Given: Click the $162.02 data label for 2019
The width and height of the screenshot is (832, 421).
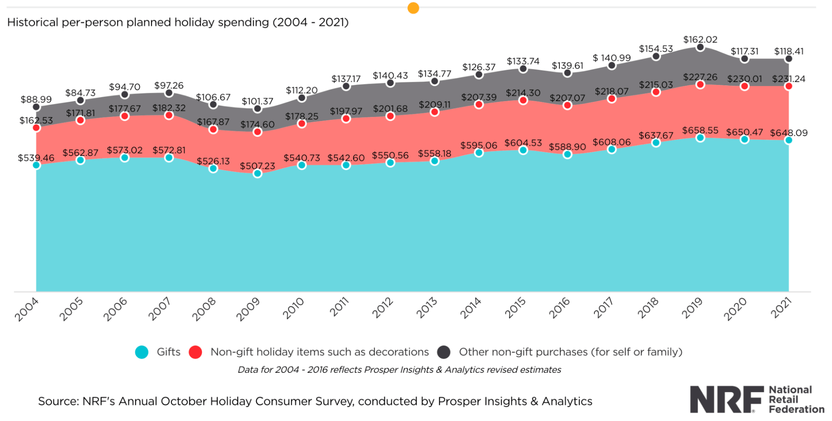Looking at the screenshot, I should pyautogui.click(x=700, y=40).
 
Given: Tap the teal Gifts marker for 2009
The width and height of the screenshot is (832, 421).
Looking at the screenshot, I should pyautogui.click(x=257, y=173).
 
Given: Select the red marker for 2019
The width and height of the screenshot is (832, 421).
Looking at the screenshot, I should pyautogui.click(x=700, y=84).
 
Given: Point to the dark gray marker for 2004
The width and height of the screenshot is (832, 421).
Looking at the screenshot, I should pyautogui.click(x=36, y=107).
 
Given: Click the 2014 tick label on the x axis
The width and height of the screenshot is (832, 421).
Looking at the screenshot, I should pyautogui.click(x=471, y=308).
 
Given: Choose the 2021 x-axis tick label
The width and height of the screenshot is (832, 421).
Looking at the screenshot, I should pyautogui.click(x=781, y=308).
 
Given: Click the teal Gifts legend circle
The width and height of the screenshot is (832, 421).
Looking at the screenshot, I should pyautogui.click(x=142, y=352).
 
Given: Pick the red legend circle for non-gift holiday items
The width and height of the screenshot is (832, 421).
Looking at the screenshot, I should pyautogui.click(x=195, y=352).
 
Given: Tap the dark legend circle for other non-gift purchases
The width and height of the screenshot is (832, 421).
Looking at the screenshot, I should pyautogui.click(x=444, y=352).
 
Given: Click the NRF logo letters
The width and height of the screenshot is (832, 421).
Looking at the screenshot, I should pyautogui.click(x=726, y=399).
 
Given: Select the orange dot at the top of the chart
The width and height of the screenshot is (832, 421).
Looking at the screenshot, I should pyautogui.click(x=413, y=8).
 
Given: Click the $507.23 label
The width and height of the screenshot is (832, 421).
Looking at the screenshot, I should pyautogui.click(x=257, y=166).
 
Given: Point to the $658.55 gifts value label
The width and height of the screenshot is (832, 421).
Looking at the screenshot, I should pyautogui.click(x=700, y=130).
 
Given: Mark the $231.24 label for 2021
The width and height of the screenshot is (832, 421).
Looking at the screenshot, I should pyautogui.click(x=788, y=79).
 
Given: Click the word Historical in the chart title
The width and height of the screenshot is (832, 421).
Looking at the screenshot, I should pyautogui.click(x=32, y=22).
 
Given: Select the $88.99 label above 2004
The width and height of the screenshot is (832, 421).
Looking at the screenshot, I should pyautogui.click(x=36, y=99).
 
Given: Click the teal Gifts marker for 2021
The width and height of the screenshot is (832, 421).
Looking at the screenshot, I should pyautogui.click(x=788, y=140).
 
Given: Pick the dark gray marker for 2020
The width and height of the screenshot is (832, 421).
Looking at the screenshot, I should pyautogui.click(x=745, y=59).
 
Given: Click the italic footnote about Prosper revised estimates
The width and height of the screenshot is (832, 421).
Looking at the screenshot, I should pyautogui.click(x=399, y=369).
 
